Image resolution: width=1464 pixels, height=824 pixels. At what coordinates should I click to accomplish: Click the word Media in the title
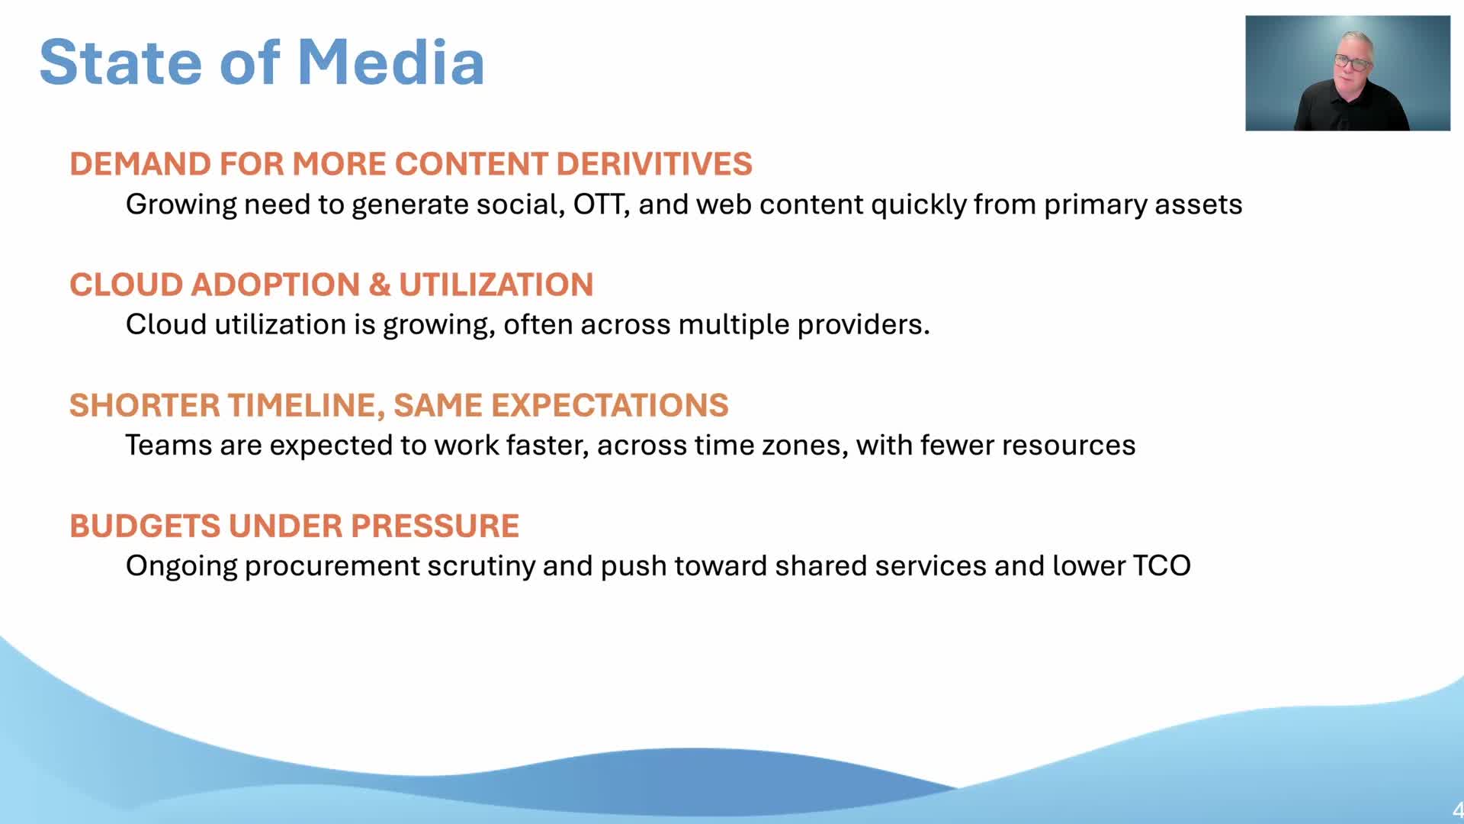[390, 62]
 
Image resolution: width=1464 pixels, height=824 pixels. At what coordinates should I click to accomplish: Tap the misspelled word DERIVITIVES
[654, 164]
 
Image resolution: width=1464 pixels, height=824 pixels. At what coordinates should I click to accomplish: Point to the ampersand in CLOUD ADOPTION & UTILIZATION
[379, 285]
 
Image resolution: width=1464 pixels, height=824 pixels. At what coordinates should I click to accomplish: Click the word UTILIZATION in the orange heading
[496, 285]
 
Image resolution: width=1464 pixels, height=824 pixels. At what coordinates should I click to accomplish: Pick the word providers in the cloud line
[863, 325]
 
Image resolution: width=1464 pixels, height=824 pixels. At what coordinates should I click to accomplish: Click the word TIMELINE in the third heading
[301, 405]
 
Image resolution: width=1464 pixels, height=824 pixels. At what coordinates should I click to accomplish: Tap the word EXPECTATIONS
[610, 405]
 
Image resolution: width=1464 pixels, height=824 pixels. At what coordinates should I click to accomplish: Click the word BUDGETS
[144, 526]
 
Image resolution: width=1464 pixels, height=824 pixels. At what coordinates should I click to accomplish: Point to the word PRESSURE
[435, 526]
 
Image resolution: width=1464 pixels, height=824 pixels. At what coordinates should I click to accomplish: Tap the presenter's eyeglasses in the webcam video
[1352, 62]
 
